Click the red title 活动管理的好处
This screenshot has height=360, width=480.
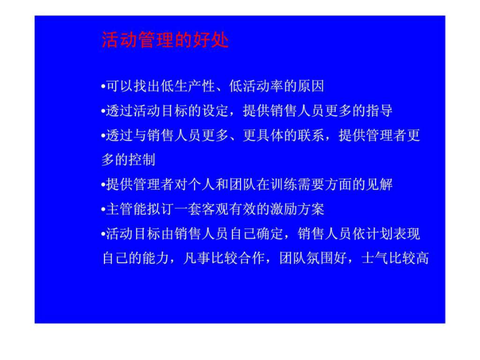tap(165, 40)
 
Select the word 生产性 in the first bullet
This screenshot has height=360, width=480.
tap(194, 86)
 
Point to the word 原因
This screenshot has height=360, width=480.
tap(311, 86)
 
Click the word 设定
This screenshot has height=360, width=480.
tap(215, 110)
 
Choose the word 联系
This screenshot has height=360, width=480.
tap(311, 135)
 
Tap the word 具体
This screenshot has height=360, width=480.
tap(270, 135)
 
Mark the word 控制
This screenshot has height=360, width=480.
tap(142, 159)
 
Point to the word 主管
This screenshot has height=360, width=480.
tap(119, 209)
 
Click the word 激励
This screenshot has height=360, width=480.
tap(284, 209)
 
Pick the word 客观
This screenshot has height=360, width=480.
tap(215, 209)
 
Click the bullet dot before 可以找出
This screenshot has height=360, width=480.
tap(103, 86)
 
